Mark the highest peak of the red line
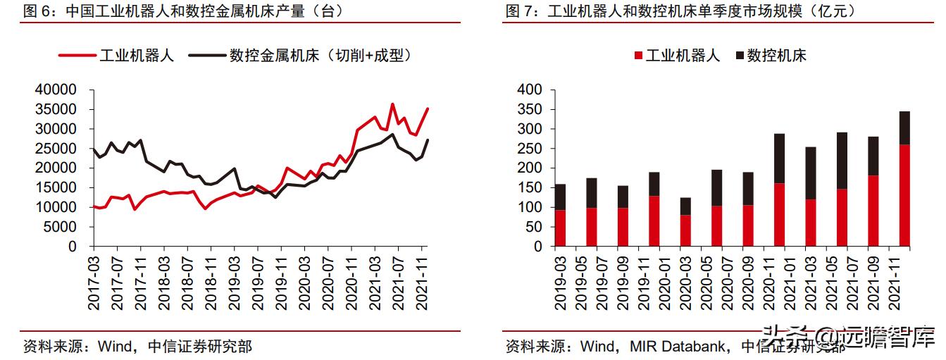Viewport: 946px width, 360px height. (392, 104)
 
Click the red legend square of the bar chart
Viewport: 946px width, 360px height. (639, 56)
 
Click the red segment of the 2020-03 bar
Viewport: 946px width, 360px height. (685, 231)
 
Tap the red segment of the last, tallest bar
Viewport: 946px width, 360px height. (904, 196)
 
